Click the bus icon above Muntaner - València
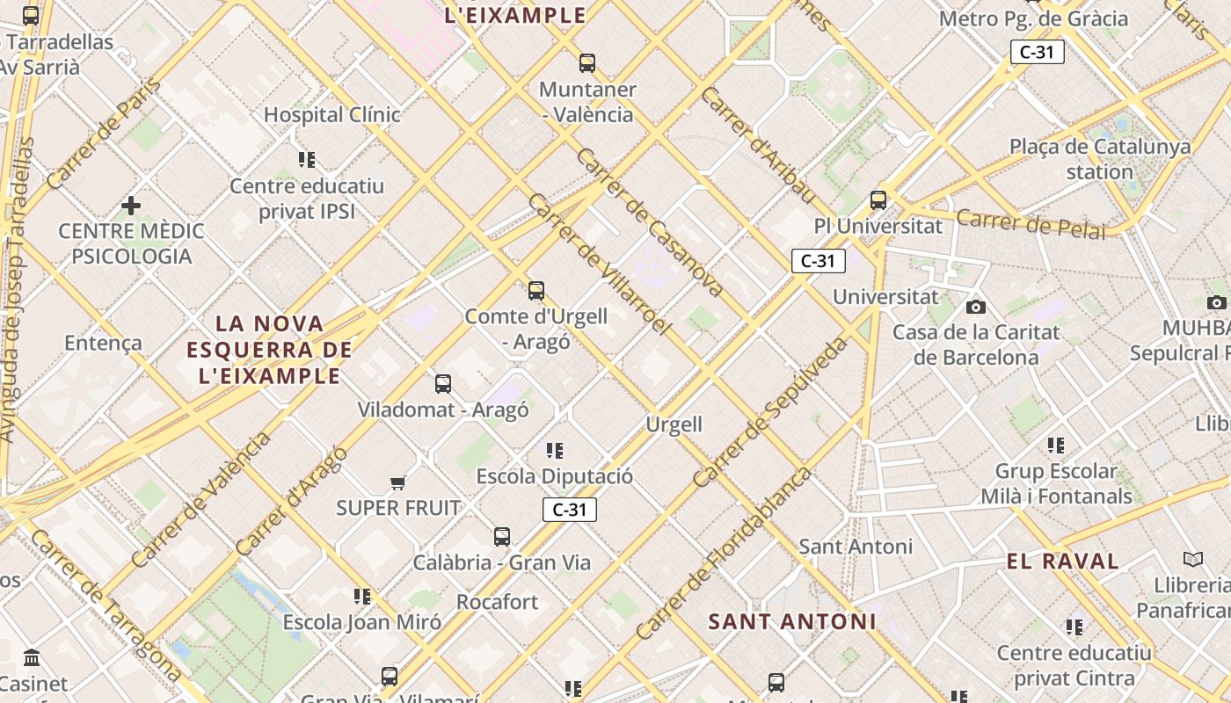[x=587, y=63]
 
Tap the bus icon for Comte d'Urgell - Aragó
[x=536, y=291]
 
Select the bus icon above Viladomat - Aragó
[x=443, y=384]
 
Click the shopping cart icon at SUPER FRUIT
[x=398, y=482]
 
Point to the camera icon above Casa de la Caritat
[x=976, y=307]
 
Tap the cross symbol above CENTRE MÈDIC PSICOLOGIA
[x=131, y=206]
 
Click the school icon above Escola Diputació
[x=555, y=451]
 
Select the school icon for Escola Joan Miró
[x=362, y=597]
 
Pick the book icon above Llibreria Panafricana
[x=1193, y=560]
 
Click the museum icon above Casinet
[x=33, y=658]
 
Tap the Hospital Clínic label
[x=332, y=115]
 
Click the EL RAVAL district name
[x=1062, y=562]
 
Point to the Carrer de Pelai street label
[x=1031, y=224]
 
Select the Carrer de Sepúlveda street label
[x=770, y=412]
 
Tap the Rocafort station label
[x=497, y=602]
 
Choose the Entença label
[x=103, y=343]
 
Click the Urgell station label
[x=674, y=424]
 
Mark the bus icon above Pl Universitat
[x=878, y=199]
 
